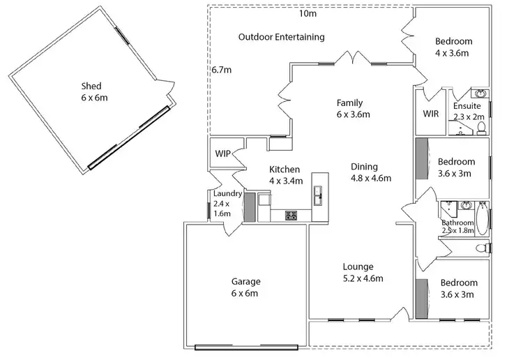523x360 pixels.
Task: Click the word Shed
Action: click(x=92, y=87)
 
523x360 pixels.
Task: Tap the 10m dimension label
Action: click(x=307, y=13)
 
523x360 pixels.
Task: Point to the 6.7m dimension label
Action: click(x=221, y=70)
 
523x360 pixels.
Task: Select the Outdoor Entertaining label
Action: click(x=281, y=37)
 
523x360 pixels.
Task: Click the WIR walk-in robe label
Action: click(x=430, y=114)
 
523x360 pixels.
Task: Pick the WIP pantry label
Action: click(x=223, y=153)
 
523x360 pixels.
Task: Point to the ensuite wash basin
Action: click(x=480, y=93)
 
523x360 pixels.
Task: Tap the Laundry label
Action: click(x=227, y=194)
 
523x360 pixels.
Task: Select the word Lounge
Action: click(x=358, y=267)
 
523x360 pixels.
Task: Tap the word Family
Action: click(x=349, y=103)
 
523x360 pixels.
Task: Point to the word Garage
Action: click(x=245, y=282)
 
